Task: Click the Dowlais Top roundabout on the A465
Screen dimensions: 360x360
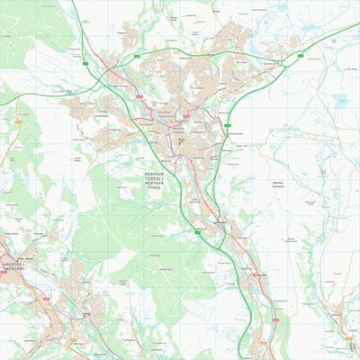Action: (282, 61)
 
